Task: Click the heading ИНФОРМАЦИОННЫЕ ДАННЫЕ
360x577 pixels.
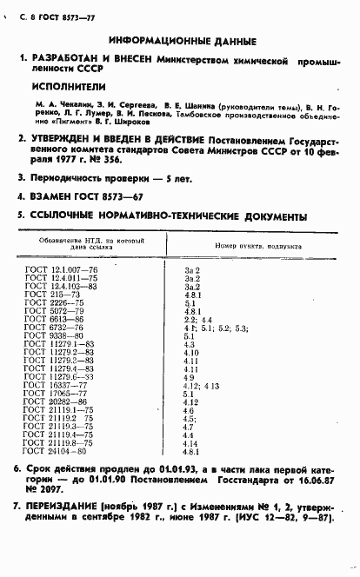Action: (x=182, y=41)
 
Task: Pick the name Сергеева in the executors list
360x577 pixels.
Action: (x=121, y=105)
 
